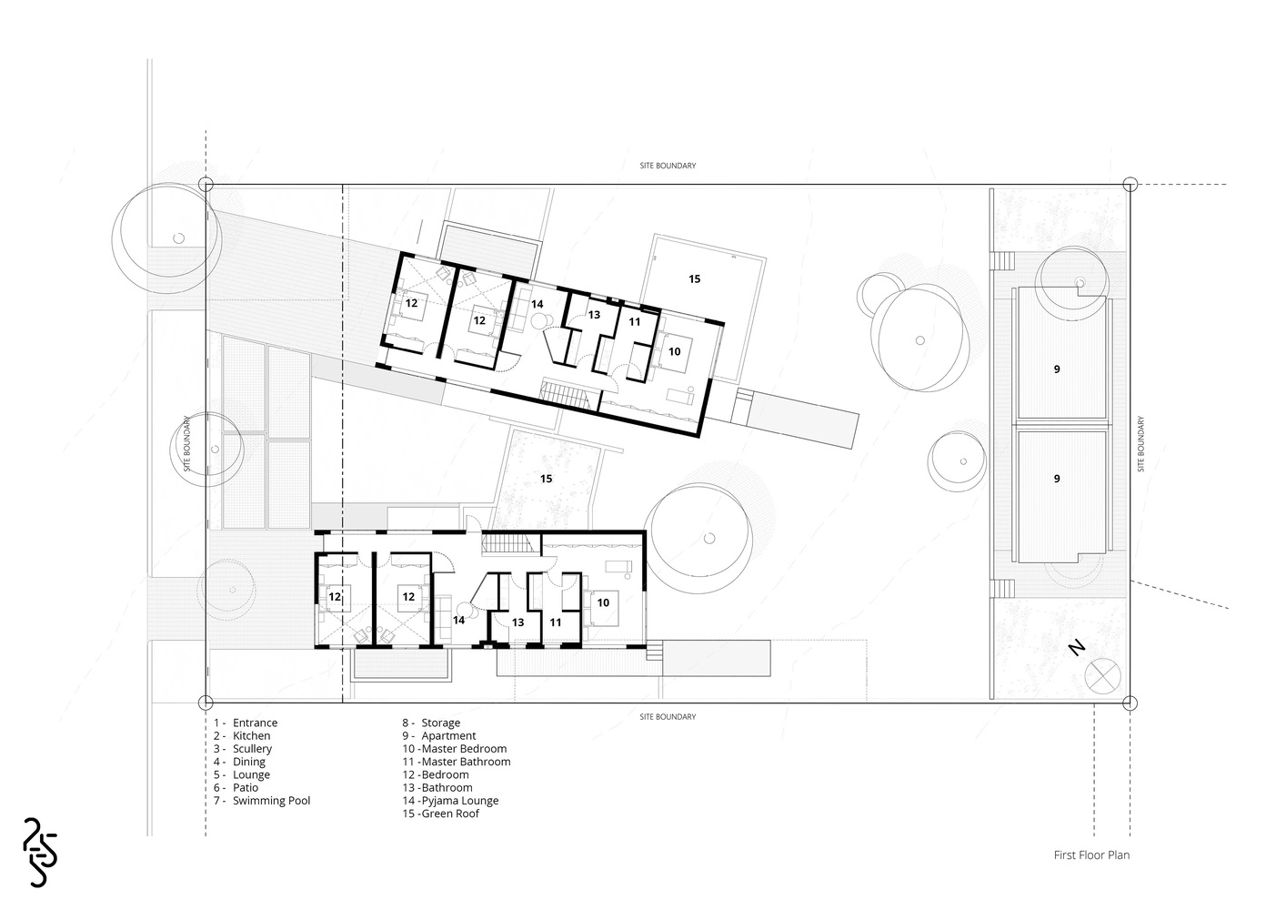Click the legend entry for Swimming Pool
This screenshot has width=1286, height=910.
pos(262,800)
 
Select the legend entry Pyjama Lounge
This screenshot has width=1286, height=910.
pos(451,800)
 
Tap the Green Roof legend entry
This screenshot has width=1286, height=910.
pos(441,814)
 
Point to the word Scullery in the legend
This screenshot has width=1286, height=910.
pos(252,749)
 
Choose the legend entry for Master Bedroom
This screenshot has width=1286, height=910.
pos(455,749)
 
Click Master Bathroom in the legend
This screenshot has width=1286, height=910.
pos(457,762)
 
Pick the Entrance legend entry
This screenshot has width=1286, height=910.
pos(246,723)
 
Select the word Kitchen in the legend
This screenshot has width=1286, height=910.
pos(251,736)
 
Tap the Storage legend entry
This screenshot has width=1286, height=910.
pos(431,723)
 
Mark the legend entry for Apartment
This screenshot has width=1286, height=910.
pos(439,736)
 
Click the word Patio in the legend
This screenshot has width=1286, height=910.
pos(246,788)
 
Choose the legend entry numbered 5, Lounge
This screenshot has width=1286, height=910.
pos(242,774)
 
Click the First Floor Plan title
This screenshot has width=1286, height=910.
pos(1091,854)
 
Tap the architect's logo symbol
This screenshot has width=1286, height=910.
pos(40,852)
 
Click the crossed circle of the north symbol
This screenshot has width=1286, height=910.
pos(1103,676)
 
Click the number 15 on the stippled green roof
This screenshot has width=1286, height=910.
pos(546,479)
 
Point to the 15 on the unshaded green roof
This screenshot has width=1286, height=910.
pos(695,278)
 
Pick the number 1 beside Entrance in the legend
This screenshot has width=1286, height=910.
pos(216,723)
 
